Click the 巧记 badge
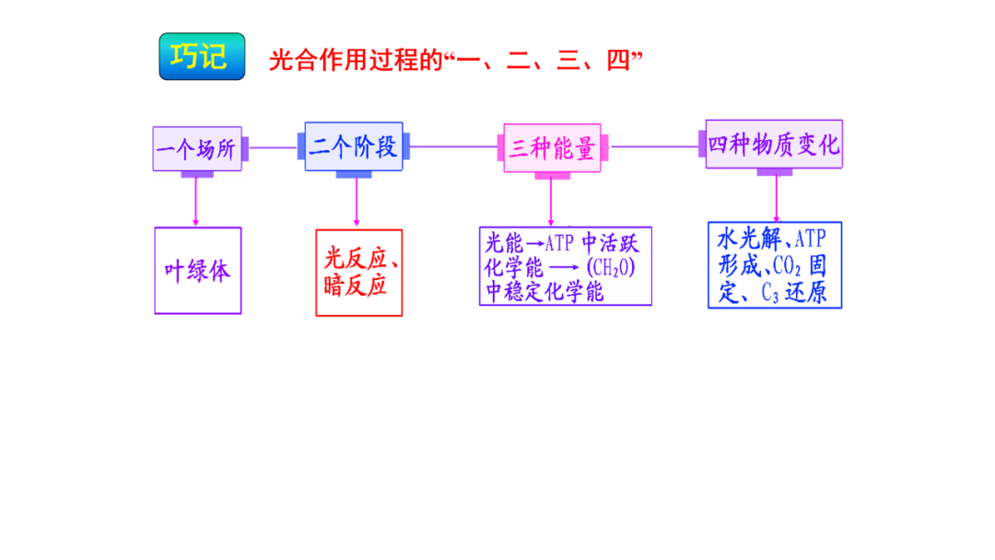[x=202, y=57]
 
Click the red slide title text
[x=455, y=61]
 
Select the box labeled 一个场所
[x=197, y=148]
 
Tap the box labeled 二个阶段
[x=354, y=146]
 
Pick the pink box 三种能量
[x=552, y=147]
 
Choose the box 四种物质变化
[x=774, y=144]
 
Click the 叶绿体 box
[x=197, y=271]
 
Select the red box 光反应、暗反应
[x=359, y=273]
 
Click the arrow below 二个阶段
[x=357, y=203]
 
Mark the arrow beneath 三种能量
[x=551, y=201]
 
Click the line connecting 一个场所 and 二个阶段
[x=273, y=147]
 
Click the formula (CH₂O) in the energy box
[x=611, y=268]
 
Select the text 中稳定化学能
[x=544, y=292]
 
